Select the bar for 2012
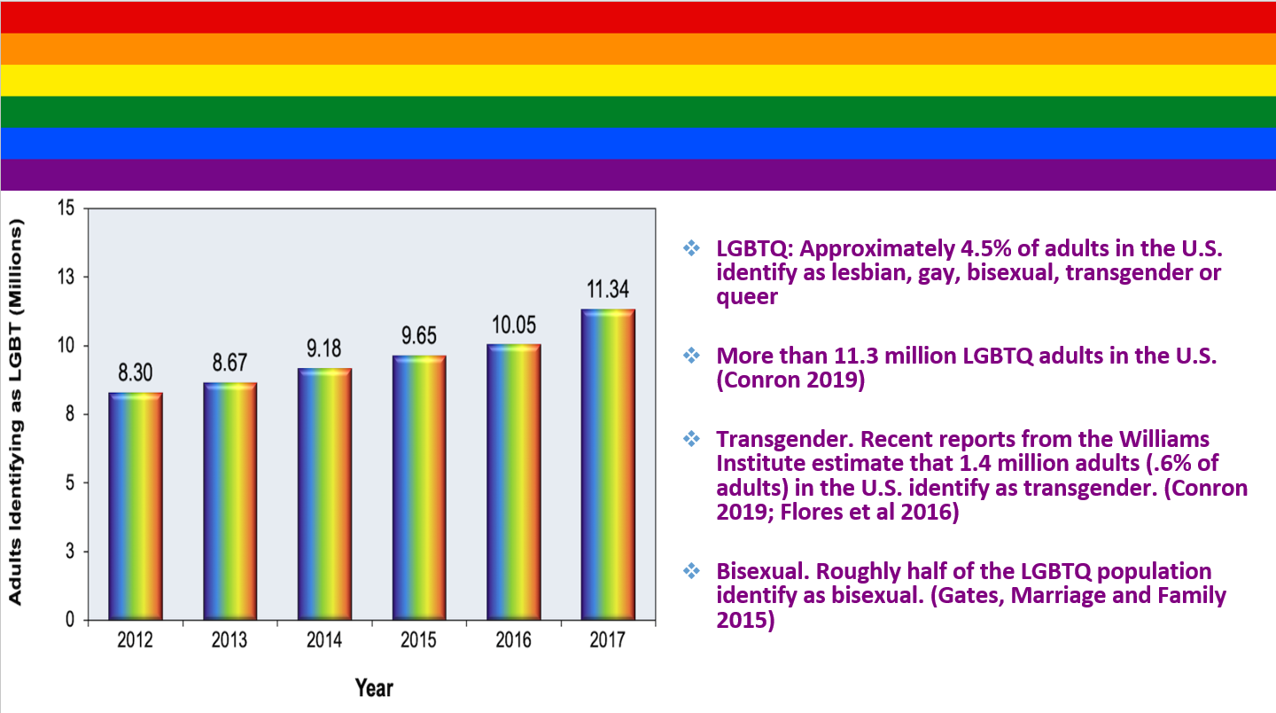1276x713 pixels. [136, 505]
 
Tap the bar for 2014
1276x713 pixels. [324, 493]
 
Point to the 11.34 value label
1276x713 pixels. [608, 290]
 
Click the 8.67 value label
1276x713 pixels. [230, 363]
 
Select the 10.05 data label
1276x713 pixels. [513, 325]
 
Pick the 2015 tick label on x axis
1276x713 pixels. [418, 640]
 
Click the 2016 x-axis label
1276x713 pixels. [513, 640]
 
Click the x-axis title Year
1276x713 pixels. [374, 687]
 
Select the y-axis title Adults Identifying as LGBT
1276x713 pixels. [16, 412]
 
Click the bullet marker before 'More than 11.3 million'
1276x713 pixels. [691, 356]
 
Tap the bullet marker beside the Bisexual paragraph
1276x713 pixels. [691, 571]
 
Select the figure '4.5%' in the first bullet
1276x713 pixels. [965, 247]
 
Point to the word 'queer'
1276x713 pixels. [746, 297]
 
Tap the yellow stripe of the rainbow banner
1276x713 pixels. [638, 80]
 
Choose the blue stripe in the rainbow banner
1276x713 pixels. [638, 143]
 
